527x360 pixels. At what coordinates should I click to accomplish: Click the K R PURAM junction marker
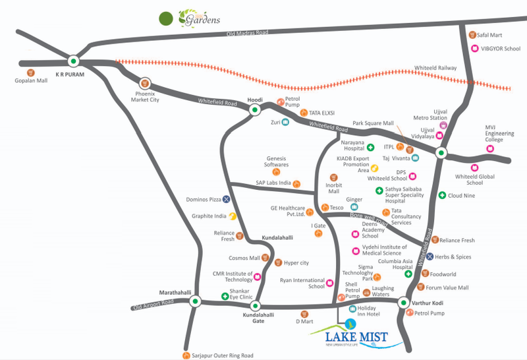click(73, 61)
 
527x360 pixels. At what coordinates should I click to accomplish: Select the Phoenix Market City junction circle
click(146, 84)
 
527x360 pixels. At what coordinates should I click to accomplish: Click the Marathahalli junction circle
click(196, 302)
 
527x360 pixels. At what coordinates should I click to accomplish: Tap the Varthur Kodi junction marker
click(402, 302)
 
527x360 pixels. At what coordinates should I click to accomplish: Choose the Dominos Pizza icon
click(226, 198)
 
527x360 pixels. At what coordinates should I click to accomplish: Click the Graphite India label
click(210, 216)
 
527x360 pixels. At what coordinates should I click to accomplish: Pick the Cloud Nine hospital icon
click(443, 196)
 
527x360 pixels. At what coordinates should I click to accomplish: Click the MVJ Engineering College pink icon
click(490, 148)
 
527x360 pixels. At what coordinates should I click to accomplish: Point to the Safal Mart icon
click(472, 35)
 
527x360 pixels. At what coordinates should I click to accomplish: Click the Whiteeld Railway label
click(436, 67)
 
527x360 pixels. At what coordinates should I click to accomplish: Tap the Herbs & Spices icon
click(430, 256)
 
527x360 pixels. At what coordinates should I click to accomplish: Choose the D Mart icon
click(304, 314)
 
